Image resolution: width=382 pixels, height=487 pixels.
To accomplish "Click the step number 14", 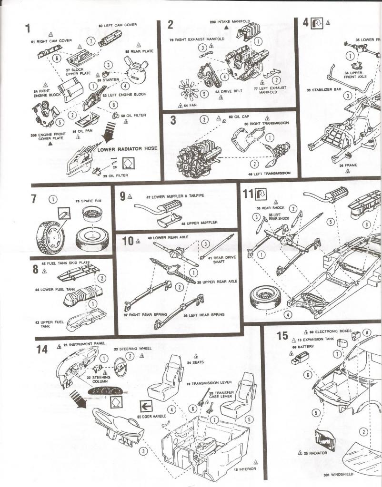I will pos(42,350).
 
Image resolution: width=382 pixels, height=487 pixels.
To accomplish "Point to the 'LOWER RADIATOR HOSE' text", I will pos(127,149).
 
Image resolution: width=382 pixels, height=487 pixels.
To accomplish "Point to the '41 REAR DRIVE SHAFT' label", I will pos(220,260).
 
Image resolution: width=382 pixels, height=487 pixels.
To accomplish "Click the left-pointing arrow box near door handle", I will pos(146,406).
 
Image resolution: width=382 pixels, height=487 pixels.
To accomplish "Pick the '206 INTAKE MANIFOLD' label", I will pos(229,22).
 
